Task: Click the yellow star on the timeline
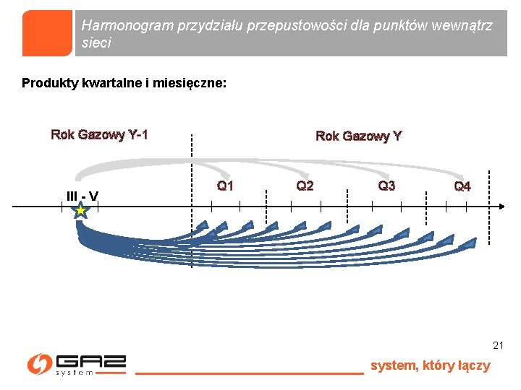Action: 80,211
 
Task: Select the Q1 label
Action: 225,186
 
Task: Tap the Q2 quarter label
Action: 305,186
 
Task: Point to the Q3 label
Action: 386,186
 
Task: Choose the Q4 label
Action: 462,187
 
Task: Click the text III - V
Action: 82,196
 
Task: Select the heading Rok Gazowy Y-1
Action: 99,134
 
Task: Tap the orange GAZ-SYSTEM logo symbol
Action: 39,364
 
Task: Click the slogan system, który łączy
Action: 430,365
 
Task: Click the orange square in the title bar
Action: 48,33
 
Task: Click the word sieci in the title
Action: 97,43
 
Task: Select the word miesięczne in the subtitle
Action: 189,83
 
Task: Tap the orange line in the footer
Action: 249,373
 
